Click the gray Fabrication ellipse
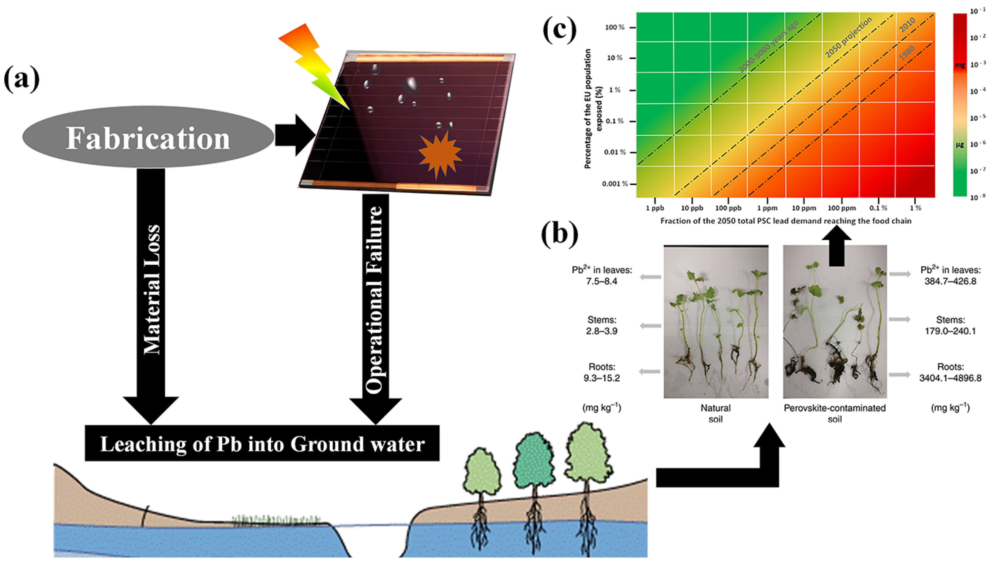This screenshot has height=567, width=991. (148, 137)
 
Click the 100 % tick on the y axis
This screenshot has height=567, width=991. (615, 28)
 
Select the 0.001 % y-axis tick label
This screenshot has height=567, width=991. (615, 184)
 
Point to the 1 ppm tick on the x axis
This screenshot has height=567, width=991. (767, 208)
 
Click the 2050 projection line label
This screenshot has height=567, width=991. (848, 38)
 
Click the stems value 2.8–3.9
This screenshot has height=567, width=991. (602, 331)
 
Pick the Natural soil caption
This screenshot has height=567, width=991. (716, 414)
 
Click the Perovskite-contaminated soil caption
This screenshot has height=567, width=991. (835, 414)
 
